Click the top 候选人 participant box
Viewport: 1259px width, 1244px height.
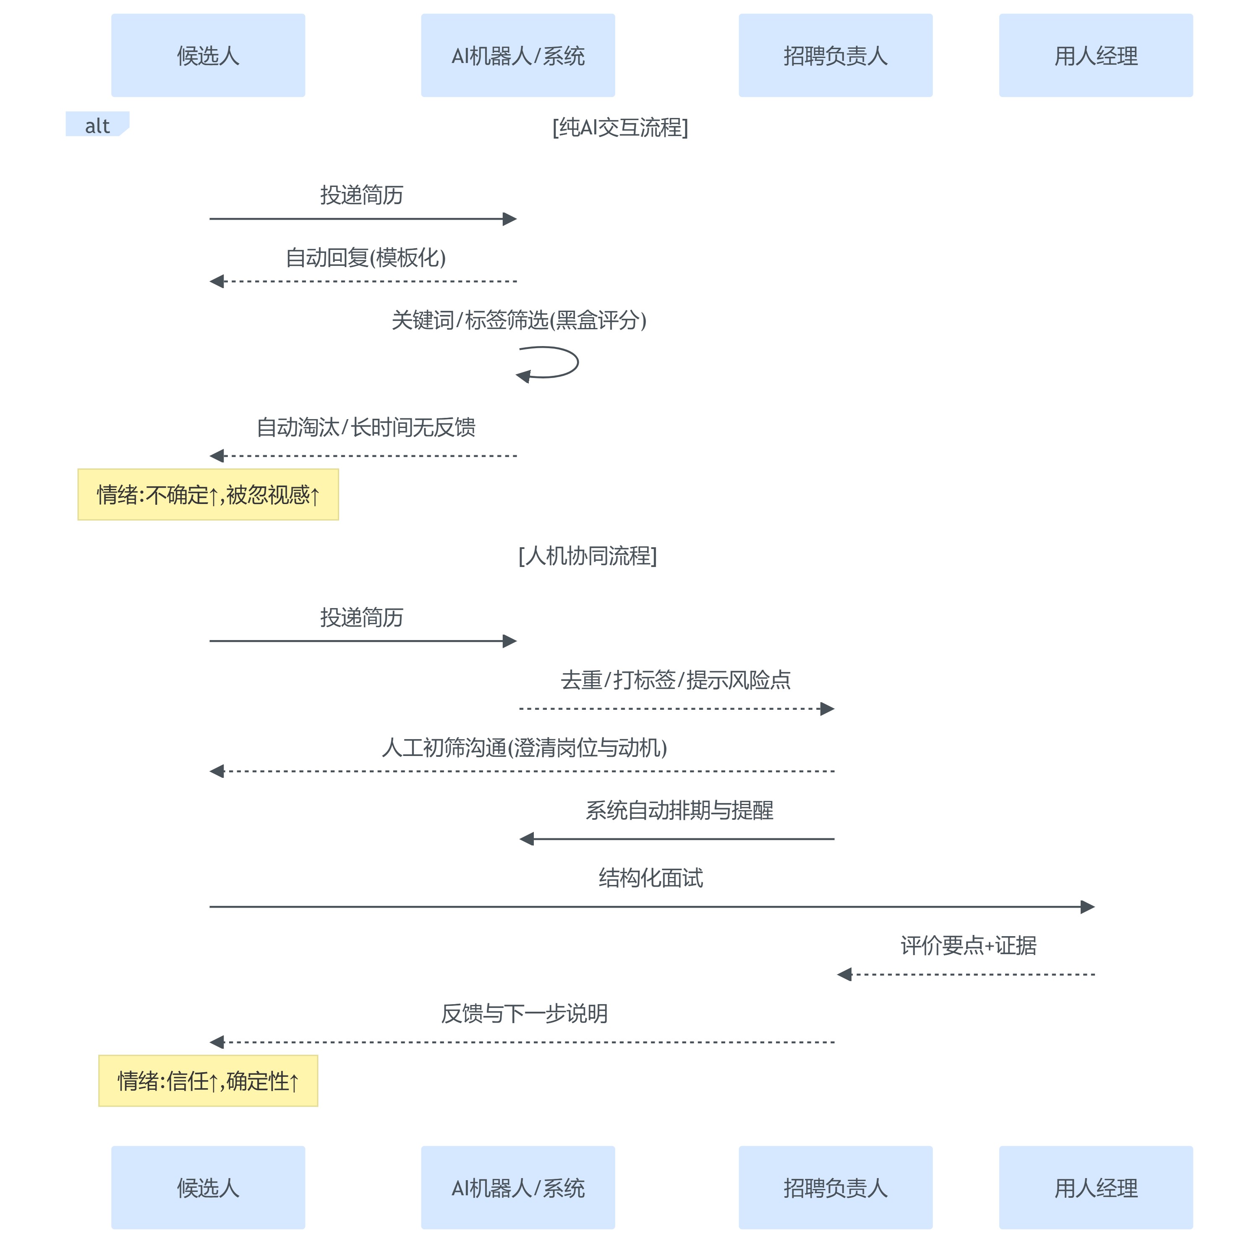pyautogui.click(x=208, y=55)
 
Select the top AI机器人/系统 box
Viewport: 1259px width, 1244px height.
pyautogui.click(x=517, y=55)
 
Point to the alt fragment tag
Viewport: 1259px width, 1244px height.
pyautogui.click(x=97, y=125)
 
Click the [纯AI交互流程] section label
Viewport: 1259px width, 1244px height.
pyautogui.click(x=620, y=127)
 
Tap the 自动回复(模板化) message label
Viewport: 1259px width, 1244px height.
pyautogui.click(x=366, y=257)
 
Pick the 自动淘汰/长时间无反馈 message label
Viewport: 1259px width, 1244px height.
pyautogui.click(x=366, y=427)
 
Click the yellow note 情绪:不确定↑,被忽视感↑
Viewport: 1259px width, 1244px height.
pyautogui.click(x=208, y=494)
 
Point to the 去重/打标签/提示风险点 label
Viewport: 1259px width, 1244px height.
pyautogui.click(x=675, y=680)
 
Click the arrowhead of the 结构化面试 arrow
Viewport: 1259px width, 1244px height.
pyautogui.click(x=1087, y=906)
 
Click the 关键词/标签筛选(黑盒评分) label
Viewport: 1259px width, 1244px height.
pyautogui.click(x=519, y=320)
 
